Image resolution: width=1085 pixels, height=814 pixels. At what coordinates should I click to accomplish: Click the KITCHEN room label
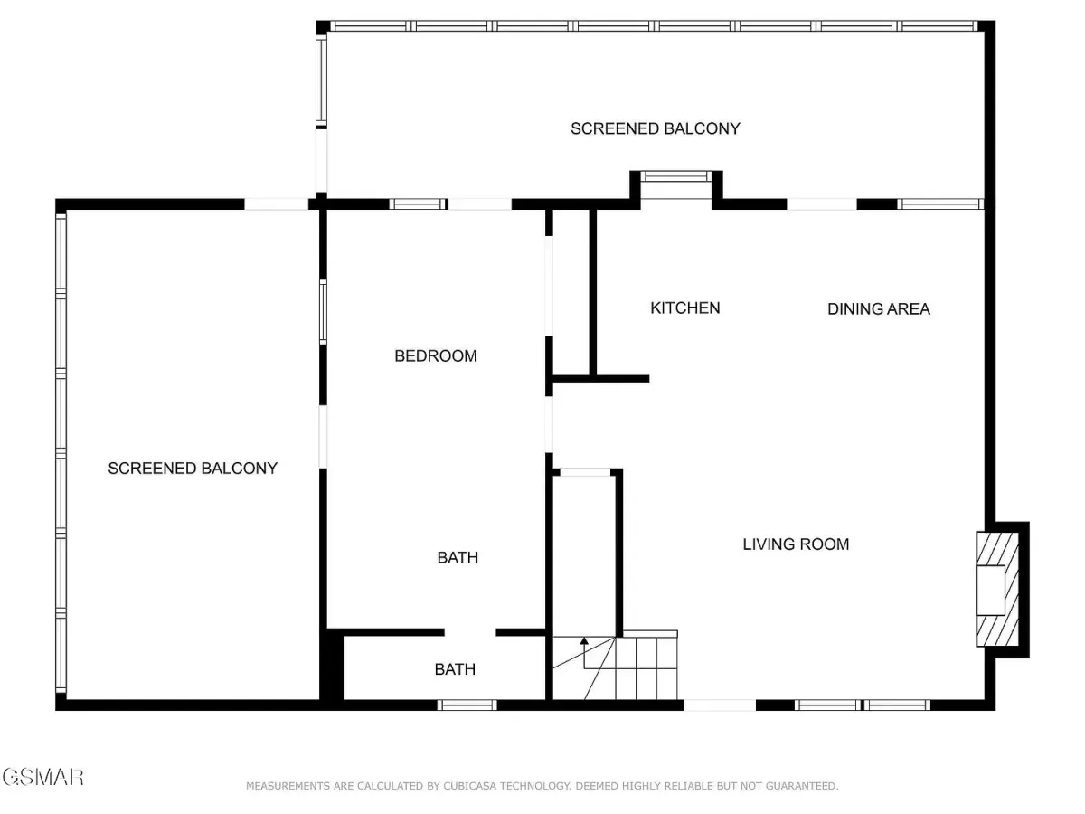tap(684, 308)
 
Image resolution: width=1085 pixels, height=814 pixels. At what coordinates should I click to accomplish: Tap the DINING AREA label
tap(878, 309)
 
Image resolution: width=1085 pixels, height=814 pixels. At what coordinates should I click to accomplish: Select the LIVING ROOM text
tap(796, 544)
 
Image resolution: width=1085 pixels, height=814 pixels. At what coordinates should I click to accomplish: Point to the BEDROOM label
tap(436, 355)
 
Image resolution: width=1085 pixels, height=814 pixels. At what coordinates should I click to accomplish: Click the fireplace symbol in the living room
tap(997, 589)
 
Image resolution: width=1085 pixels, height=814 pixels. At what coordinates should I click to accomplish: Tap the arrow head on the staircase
tap(584, 640)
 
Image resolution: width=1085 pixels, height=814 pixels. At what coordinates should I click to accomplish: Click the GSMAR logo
tap(43, 778)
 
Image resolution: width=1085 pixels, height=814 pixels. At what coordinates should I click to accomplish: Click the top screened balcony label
tap(655, 128)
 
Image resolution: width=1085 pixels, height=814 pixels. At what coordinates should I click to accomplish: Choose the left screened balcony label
tap(193, 468)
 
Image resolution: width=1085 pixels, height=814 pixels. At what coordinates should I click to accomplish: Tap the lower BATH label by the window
tap(455, 669)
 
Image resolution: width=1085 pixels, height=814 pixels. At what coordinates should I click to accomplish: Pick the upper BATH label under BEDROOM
tap(458, 557)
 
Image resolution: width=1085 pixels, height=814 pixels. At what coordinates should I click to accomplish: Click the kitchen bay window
tap(676, 176)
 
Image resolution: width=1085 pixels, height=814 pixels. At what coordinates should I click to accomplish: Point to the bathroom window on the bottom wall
tap(467, 705)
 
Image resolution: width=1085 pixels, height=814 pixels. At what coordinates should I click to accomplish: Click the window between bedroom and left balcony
tap(323, 312)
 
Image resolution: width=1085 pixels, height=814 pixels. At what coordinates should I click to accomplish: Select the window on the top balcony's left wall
tap(321, 81)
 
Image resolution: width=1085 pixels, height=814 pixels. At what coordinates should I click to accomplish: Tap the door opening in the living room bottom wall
tap(720, 705)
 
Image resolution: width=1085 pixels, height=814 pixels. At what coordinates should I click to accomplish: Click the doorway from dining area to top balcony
tap(822, 204)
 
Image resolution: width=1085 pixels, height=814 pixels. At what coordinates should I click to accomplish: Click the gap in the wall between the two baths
tap(470, 632)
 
